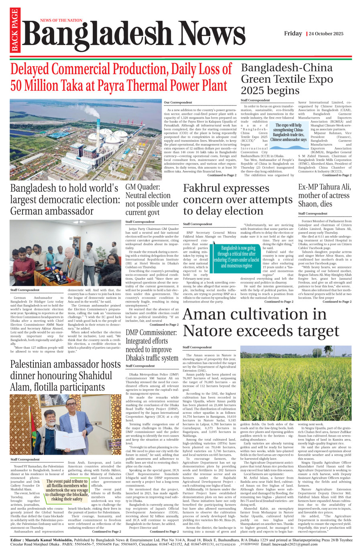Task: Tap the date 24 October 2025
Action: pos(326,34)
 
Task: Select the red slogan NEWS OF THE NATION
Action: pos(61,20)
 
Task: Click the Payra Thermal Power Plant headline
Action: pos(121,77)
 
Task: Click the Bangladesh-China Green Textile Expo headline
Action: pos(287,79)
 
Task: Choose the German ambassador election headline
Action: pos(65,199)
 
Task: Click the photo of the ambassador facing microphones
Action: pos(65,252)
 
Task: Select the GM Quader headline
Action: pos(152,200)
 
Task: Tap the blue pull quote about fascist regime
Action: pos(236,257)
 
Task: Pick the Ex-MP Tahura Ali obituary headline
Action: pos(324,195)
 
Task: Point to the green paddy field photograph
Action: pos(296,385)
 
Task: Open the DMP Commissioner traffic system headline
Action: pos(152,346)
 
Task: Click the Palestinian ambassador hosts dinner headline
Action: pos(65,376)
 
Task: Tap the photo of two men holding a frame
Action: pos(65,424)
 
